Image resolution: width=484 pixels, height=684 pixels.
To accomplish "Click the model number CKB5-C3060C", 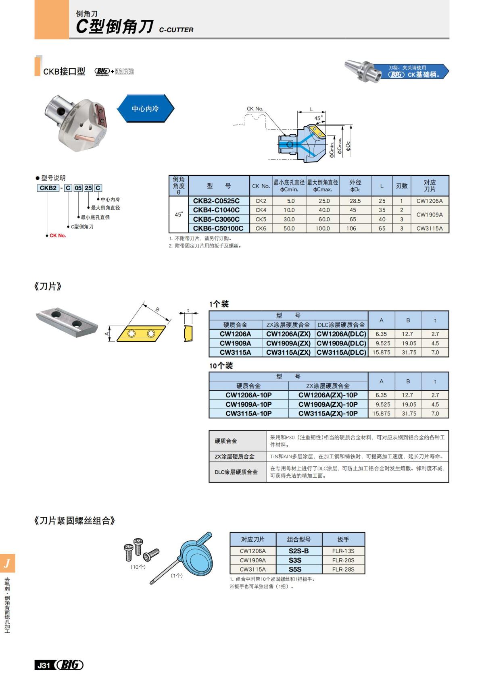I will pos(216,219).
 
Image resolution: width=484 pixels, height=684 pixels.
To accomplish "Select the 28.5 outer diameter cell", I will pos(355,201).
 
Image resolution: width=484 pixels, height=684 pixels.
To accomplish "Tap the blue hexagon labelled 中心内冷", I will pos(145,109).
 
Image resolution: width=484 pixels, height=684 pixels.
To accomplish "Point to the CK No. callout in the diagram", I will pos(255,109).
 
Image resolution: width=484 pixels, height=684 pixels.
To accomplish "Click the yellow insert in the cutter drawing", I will pos(316,131).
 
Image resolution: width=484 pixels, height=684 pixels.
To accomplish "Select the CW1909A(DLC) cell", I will pos(341,343).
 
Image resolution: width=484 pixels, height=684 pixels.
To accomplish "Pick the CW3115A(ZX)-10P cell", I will pos(328,414).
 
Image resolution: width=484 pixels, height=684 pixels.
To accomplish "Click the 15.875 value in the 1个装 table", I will pos(381,352).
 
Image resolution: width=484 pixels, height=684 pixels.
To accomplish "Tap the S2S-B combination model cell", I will pos(298,551).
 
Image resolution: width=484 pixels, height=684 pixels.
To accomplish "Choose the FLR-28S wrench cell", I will pos(343,570).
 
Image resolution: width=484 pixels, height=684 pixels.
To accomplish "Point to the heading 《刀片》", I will pos(48,287).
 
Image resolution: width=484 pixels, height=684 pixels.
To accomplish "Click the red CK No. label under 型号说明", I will pos(58,236).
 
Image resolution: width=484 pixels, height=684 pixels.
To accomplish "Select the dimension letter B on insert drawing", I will pos(157,310).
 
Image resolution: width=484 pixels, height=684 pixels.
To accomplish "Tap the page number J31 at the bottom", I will pos(44,665).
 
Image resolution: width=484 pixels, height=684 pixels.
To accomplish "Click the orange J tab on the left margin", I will pos(7,563).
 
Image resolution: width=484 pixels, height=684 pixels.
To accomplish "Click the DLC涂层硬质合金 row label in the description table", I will pos(236,472).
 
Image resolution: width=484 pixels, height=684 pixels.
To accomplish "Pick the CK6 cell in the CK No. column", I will pos(261,229).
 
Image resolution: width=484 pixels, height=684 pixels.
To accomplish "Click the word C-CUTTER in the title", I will pos(176,30).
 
